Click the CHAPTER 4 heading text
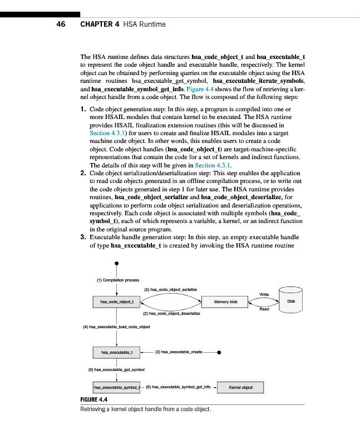click(123, 24)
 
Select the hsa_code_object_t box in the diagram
click(116, 302)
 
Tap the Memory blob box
click(225, 302)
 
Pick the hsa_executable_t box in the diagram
click(116, 352)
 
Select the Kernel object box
click(239, 387)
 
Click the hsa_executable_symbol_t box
click(116, 387)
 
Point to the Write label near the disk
click(265, 294)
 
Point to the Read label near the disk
click(264, 309)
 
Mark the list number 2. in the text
click(84, 173)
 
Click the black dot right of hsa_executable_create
click(220, 352)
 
